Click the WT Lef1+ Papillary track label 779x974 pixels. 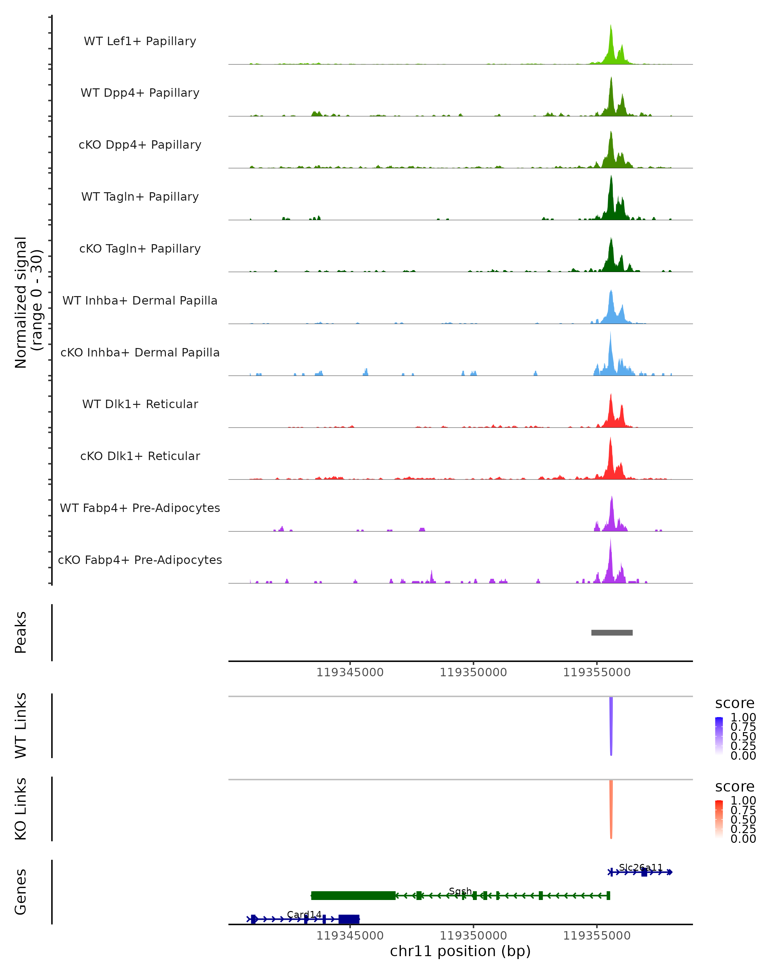pyautogui.click(x=140, y=41)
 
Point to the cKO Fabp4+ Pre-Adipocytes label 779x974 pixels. pyautogui.click(x=140, y=560)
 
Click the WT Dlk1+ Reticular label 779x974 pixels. pyautogui.click(x=140, y=404)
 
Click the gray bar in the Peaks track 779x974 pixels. pyautogui.click(x=612, y=632)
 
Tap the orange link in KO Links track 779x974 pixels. pyautogui.click(x=611, y=809)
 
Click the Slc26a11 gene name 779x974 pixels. pyautogui.click(x=640, y=868)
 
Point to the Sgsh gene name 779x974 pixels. pyautogui.click(x=460, y=891)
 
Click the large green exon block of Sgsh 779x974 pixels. pyautogui.click(x=353, y=895)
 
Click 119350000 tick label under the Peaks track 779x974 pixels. pyautogui.click(x=473, y=672)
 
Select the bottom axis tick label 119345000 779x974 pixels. pyautogui.click(x=350, y=936)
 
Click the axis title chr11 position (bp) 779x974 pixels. pyautogui.click(x=460, y=951)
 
